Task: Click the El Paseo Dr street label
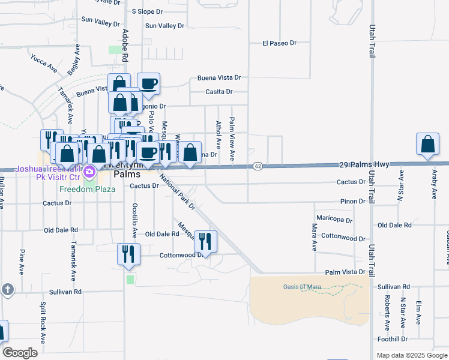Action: coord(280,43)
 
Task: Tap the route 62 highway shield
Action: coord(257,165)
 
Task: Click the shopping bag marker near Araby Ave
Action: coord(427,145)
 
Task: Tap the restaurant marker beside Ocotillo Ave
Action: coord(128,254)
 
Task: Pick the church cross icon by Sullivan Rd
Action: coord(7,290)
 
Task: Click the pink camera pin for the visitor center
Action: coord(90,173)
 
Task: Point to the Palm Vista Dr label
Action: coord(345,272)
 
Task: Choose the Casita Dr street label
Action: coord(218,92)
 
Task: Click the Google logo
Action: coord(20,353)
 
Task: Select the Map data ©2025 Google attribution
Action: coord(411,355)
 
